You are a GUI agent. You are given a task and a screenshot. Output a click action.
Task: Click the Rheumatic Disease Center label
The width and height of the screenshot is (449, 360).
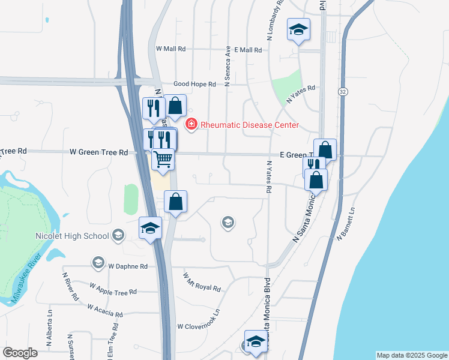pyautogui.click(x=249, y=125)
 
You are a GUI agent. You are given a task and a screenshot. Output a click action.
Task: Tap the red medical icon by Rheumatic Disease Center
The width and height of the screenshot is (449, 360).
pyautogui.click(x=191, y=124)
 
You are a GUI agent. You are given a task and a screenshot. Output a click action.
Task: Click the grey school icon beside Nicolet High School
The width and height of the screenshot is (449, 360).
pyautogui.click(x=118, y=235)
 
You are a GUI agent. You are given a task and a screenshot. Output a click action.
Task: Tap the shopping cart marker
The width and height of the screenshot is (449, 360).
pyautogui.click(x=163, y=160)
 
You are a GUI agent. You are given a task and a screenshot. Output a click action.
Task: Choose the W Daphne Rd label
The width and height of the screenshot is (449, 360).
pyautogui.click(x=128, y=266)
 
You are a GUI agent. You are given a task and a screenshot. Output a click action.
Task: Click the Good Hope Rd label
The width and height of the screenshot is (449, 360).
pyautogui.click(x=194, y=85)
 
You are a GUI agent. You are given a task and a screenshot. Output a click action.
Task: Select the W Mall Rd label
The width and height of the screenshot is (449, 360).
pyautogui.click(x=171, y=49)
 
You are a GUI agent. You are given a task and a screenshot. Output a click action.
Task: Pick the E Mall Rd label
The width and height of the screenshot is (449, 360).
pyautogui.click(x=249, y=50)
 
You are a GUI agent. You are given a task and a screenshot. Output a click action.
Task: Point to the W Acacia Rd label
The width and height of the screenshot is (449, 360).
pyautogui.click(x=104, y=310)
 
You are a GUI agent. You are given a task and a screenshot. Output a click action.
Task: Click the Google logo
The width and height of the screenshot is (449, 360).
pyautogui.click(x=20, y=353)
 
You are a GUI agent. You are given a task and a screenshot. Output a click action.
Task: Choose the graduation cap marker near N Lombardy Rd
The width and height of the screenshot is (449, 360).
pyautogui.click(x=298, y=30)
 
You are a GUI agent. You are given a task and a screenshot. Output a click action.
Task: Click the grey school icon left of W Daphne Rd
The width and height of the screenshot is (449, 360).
pyautogui.click(x=98, y=262)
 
